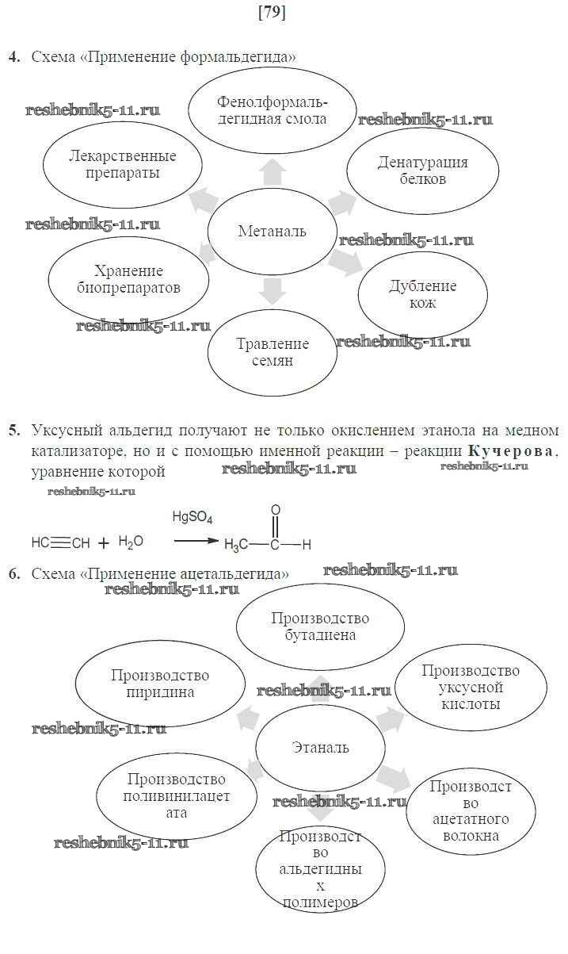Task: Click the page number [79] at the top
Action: [x=272, y=13]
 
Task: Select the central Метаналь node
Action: [x=272, y=232]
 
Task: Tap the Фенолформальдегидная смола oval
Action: [x=272, y=111]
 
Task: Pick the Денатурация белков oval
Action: [x=422, y=170]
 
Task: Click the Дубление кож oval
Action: [x=423, y=294]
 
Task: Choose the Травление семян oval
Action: [x=272, y=353]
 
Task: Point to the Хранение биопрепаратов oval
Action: [x=128, y=279]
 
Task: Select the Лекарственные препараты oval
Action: [x=120, y=164]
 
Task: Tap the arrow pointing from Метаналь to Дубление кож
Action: [x=343, y=259]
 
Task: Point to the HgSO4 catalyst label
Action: [x=193, y=517]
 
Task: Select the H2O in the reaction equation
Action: [x=131, y=542]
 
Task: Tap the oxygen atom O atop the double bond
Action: [x=275, y=510]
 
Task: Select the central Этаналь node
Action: [x=320, y=748]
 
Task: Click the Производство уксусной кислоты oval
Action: [x=471, y=687]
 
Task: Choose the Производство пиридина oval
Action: [x=160, y=684]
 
